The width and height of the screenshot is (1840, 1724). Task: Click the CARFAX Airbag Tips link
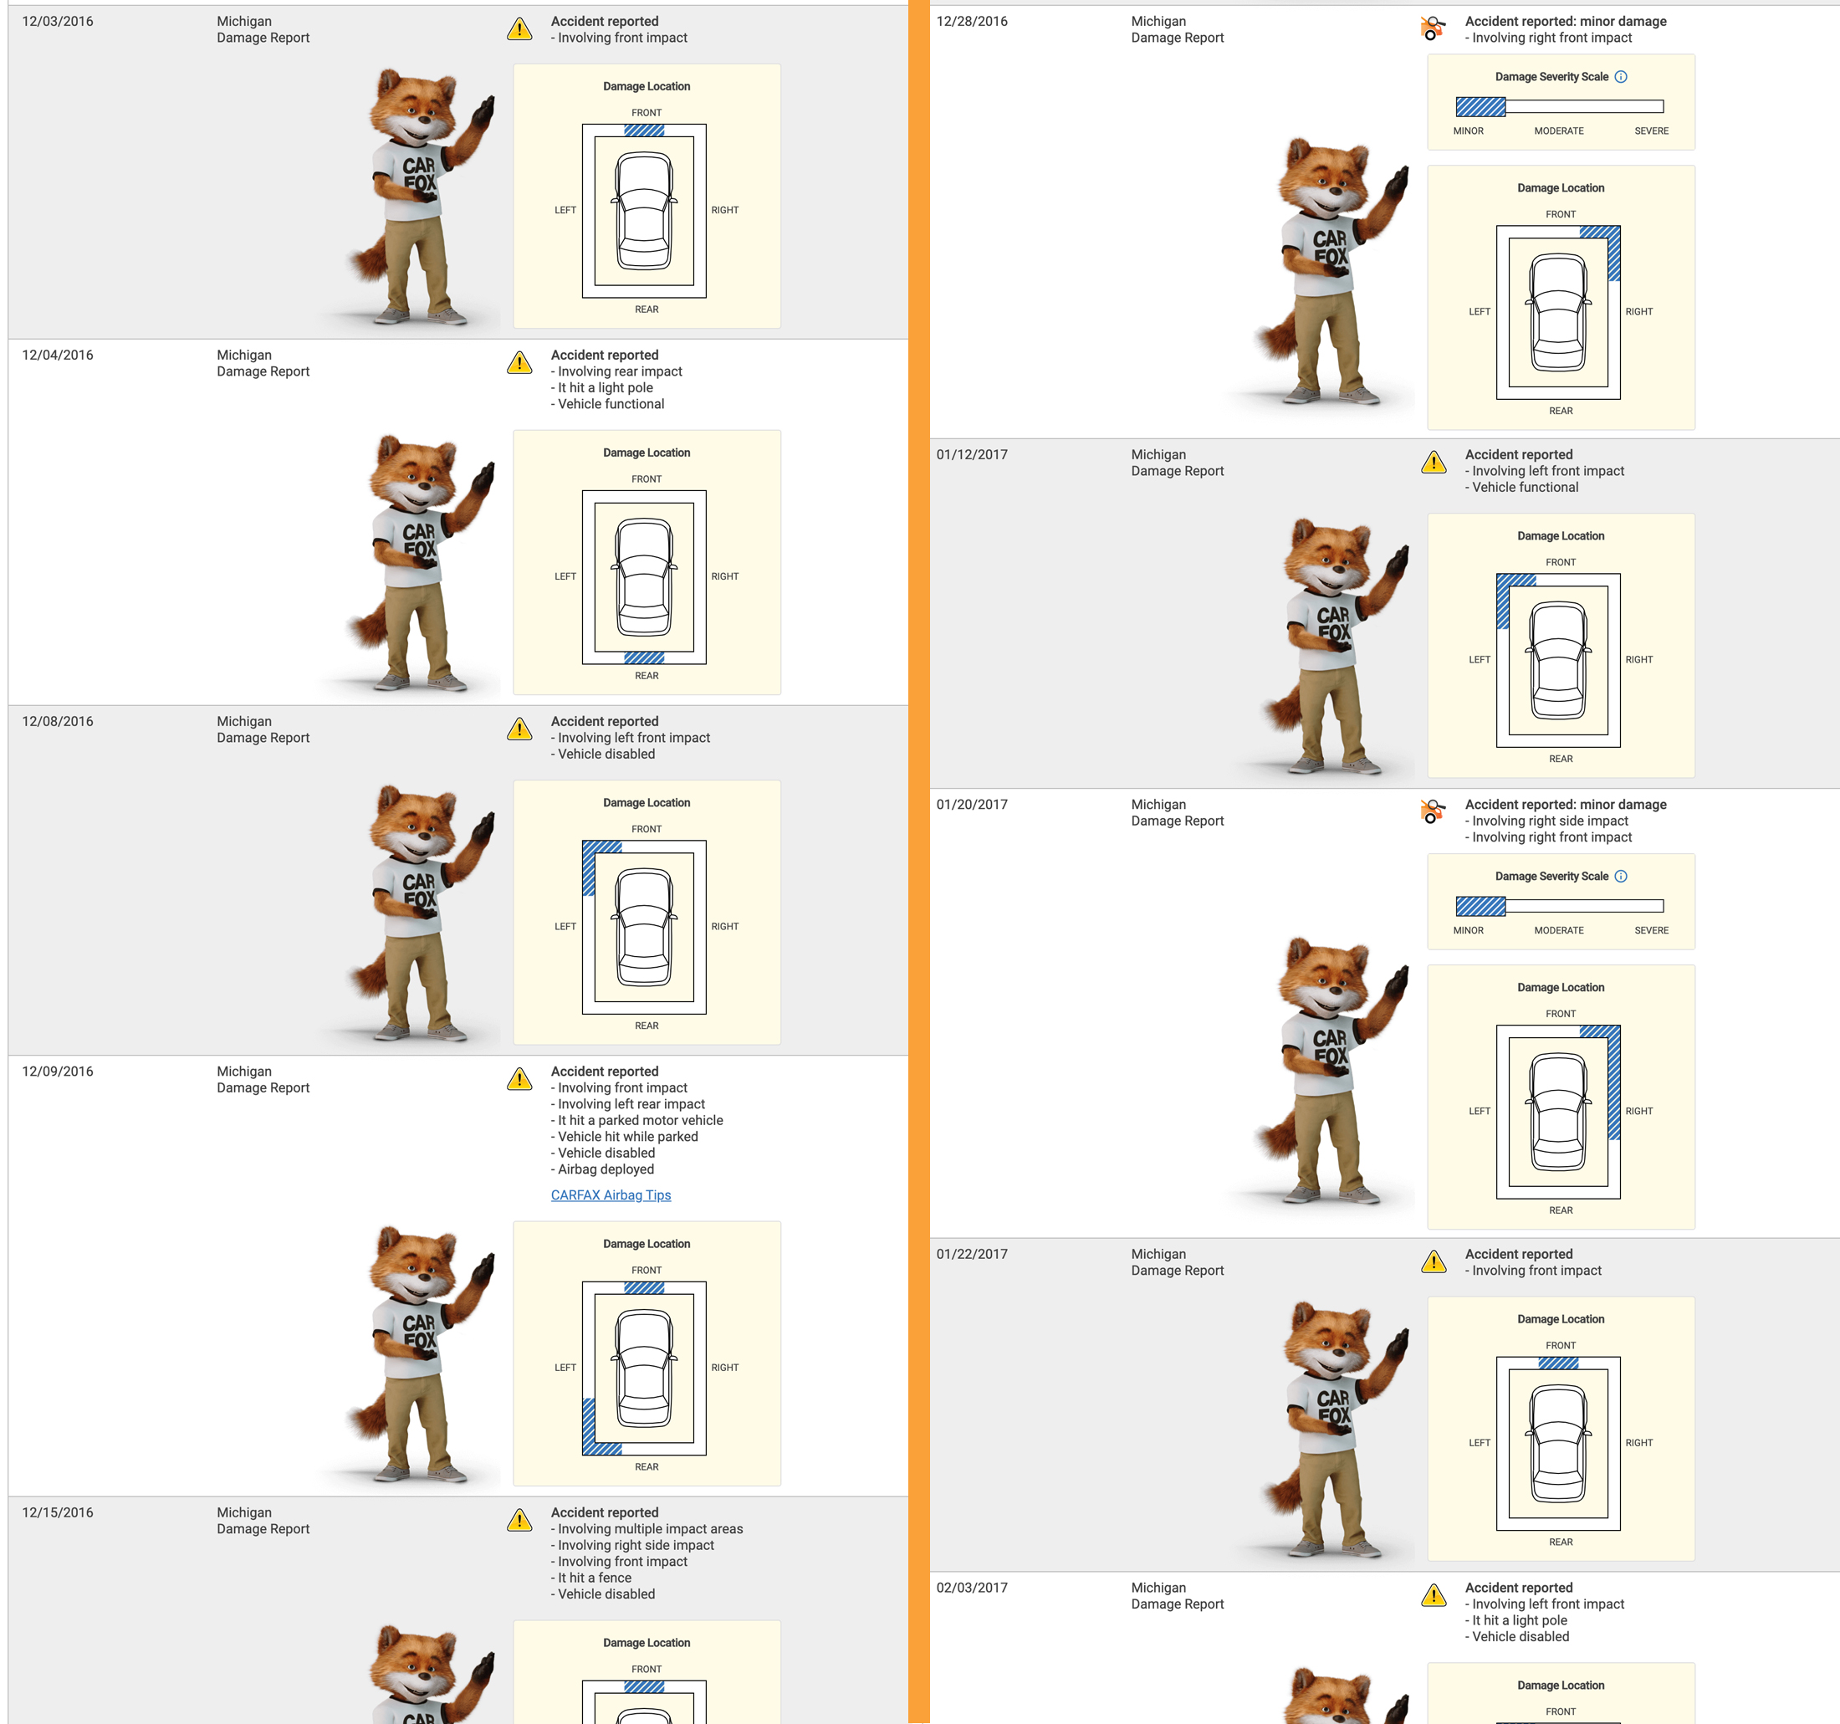pyautogui.click(x=611, y=1195)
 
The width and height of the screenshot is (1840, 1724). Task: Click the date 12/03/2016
pyautogui.click(x=58, y=21)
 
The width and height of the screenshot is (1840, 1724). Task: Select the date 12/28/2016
pyautogui.click(x=972, y=21)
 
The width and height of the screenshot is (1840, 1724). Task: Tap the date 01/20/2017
pyautogui.click(x=972, y=805)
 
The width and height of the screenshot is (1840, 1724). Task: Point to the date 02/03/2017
pyautogui.click(x=972, y=1588)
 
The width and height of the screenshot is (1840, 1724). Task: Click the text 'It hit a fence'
pyautogui.click(x=598, y=1578)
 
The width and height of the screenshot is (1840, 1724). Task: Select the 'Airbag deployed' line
pyautogui.click(x=606, y=1169)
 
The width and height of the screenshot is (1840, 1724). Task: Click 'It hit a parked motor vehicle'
pyautogui.click(x=641, y=1120)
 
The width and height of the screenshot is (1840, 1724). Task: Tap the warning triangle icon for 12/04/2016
pyautogui.click(x=519, y=362)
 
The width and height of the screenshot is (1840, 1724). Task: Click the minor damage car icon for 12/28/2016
pyautogui.click(x=1433, y=28)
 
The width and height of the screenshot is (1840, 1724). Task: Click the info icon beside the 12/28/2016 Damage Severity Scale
pyautogui.click(x=1621, y=77)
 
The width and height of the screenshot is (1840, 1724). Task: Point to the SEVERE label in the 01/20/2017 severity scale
pyautogui.click(x=1651, y=930)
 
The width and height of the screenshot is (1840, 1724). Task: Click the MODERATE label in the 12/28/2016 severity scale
pyautogui.click(x=1559, y=130)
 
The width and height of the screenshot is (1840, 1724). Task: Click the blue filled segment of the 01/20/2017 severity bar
pyautogui.click(x=1481, y=907)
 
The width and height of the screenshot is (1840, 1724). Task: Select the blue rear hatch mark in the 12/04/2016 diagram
pyautogui.click(x=644, y=658)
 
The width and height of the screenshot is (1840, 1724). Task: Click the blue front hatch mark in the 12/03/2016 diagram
pyautogui.click(x=644, y=130)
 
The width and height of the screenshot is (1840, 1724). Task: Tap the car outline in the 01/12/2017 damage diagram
pyautogui.click(x=1559, y=660)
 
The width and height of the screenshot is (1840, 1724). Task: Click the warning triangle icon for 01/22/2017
pyautogui.click(x=1434, y=1261)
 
